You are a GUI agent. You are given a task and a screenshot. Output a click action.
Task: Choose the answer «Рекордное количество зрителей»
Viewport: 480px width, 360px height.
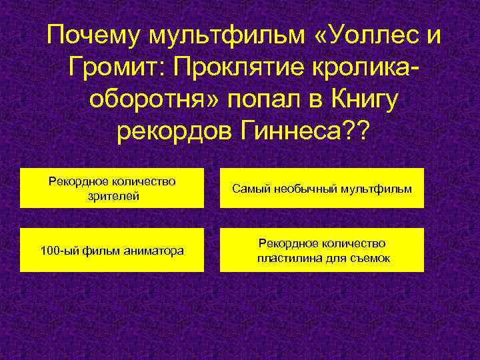pos(112,189)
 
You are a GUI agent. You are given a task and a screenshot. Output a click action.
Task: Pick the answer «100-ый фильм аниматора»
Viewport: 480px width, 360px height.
pos(112,251)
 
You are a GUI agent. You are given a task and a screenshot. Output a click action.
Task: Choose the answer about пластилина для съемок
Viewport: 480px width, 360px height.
pos(322,251)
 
